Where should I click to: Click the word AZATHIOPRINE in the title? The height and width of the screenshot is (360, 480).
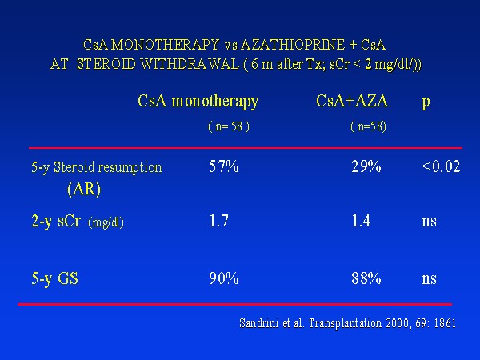click(x=293, y=45)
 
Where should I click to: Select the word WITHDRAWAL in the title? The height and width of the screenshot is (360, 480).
click(x=190, y=64)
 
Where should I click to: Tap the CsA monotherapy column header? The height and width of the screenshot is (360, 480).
click(x=198, y=102)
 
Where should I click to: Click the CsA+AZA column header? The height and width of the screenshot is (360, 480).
click(x=352, y=101)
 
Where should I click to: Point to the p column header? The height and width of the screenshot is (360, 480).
click(x=426, y=102)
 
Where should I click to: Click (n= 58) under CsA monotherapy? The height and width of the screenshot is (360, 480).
click(x=229, y=126)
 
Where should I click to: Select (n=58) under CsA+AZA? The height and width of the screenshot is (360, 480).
click(x=368, y=126)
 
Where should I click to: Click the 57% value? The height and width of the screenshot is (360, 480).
click(x=224, y=166)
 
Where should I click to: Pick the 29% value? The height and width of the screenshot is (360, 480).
click(x=366, y=166)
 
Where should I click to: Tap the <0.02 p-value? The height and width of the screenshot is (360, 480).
click(x=441, y=166)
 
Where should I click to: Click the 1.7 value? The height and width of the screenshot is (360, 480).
click(x=218, y=221)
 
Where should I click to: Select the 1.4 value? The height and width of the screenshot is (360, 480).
click(x=361, y=221)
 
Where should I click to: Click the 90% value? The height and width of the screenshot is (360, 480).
click(x=224, y=278)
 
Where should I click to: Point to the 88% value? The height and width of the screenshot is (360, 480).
click(x=366, y=278)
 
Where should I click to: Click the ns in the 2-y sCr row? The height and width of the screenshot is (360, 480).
click(x=429, y=222)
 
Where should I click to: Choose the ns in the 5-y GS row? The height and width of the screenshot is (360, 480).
click(x=429, y=279)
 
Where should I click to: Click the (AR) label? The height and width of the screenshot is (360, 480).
click(x=84, y=189)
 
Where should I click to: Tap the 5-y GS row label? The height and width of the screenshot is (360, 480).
click(x=54, y=279)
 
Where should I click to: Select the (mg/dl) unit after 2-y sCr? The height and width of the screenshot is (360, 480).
click(x=106, y=222)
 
